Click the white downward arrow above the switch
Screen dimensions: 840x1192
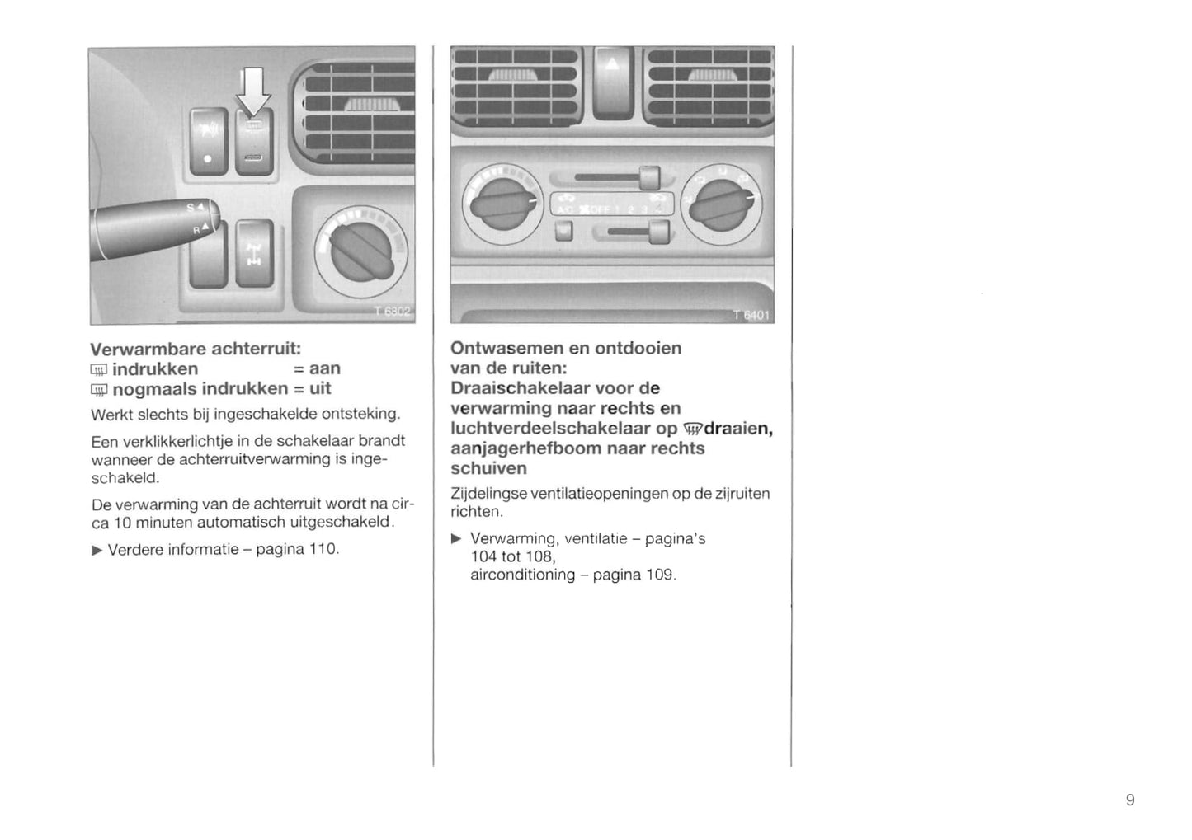253,91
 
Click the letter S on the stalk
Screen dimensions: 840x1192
191,209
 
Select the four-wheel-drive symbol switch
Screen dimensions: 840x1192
254,253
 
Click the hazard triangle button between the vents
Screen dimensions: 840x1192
612,82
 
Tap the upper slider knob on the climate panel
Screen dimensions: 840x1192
650,177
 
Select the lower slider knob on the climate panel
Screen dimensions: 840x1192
659,232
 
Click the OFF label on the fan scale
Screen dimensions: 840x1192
598,209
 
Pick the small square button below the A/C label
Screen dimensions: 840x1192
564,232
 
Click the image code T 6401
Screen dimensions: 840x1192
751,314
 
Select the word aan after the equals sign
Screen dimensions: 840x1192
324,368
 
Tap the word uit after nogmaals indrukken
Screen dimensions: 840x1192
320,388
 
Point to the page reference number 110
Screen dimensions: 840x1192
323,549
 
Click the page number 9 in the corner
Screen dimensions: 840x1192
1130,800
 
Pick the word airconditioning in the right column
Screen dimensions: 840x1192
522,575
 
